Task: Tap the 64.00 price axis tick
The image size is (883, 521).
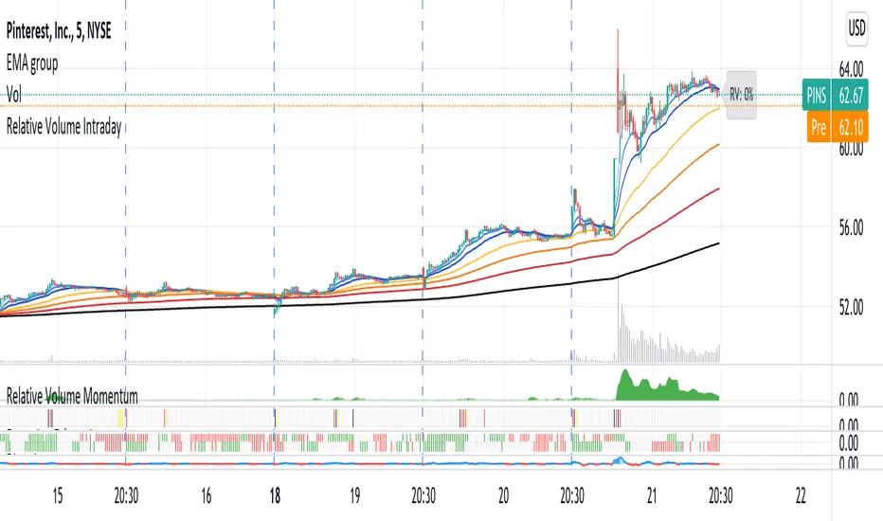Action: [x=852, y=68]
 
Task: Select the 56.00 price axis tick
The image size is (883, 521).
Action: [x=852, y=227]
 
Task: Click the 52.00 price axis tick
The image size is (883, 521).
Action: [x=852, y=307]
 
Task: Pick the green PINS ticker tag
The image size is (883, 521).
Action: [x=812, y=95]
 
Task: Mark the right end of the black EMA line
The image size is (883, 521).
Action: [x=718, y=243]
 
